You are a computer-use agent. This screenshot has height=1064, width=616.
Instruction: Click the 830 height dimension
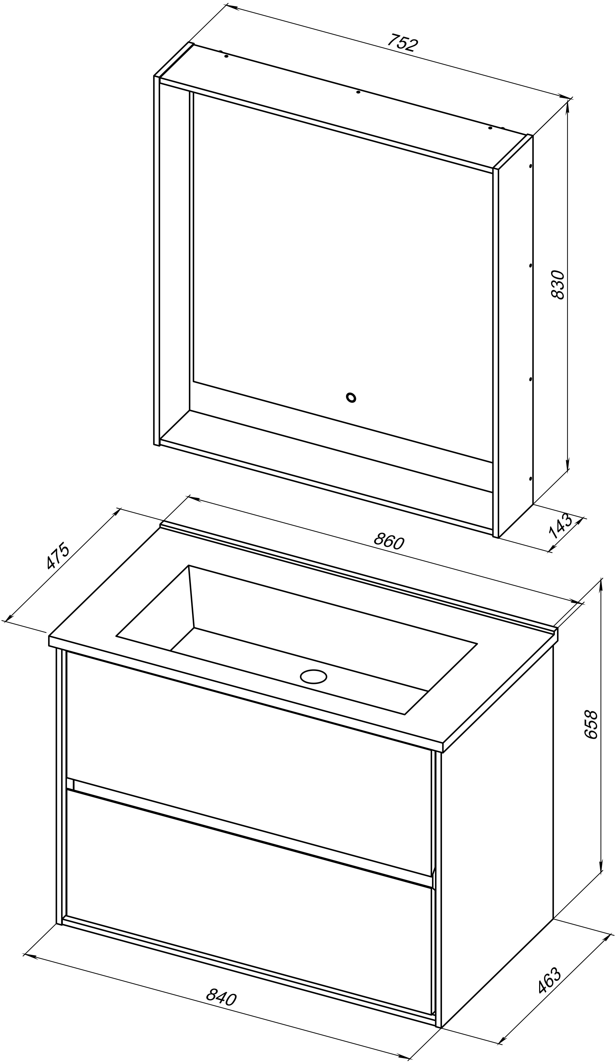pos(558,285)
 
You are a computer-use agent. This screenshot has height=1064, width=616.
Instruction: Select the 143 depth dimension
pos(560,526)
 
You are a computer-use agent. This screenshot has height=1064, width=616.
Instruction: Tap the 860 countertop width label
pos(389,540)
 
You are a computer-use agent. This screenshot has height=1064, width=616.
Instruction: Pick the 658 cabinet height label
pos(591,725)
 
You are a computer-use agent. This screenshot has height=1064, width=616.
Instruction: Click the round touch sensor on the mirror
pos(350,397)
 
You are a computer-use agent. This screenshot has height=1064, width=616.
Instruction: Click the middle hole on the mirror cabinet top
pos(358,92)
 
